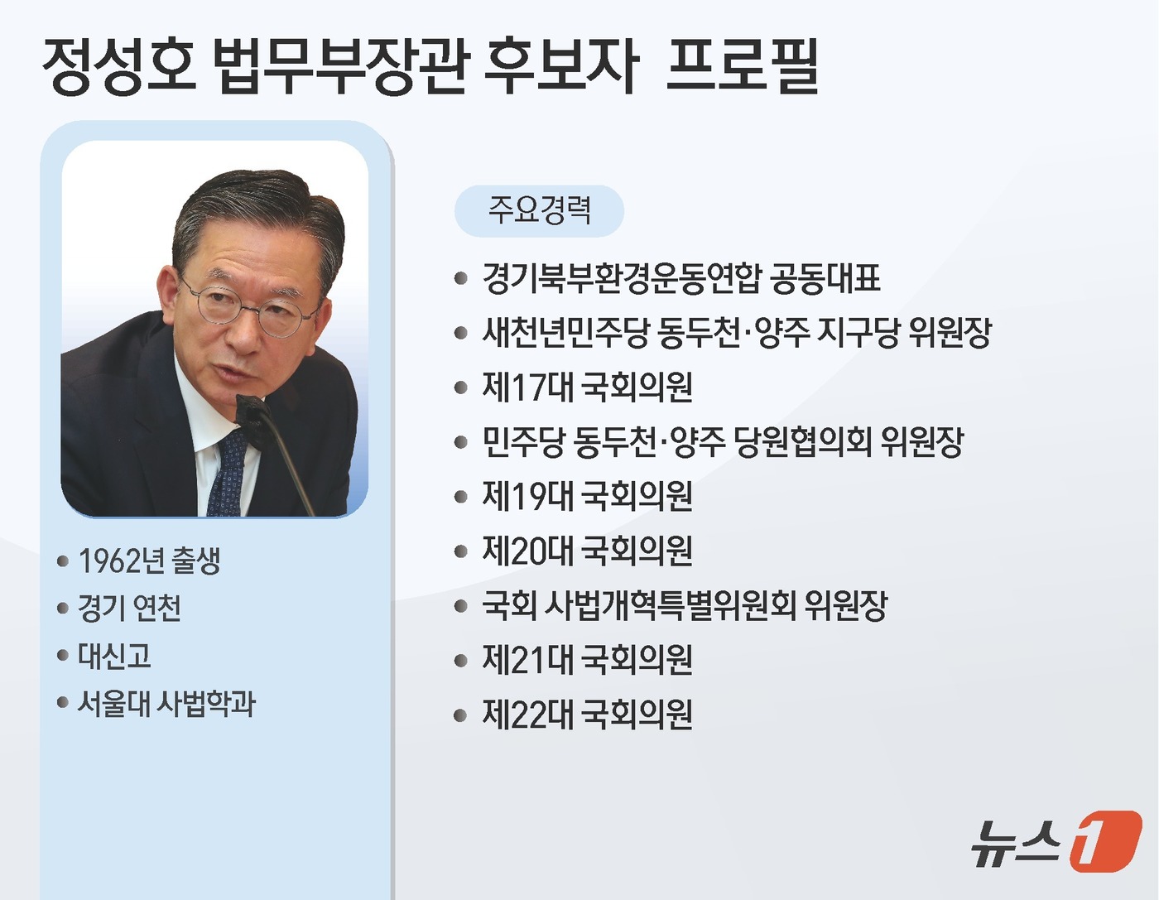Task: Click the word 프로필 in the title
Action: tap(742, 66)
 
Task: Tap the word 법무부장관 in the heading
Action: tap(340, 66)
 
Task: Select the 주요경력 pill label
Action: tap(539, 210)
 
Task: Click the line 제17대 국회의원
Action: tap(587, 387)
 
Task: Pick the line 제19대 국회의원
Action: tap(587, 497)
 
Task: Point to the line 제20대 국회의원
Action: tap(587, 551)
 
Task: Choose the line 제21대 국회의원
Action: tap(587, 661)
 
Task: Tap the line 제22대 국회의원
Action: tap(587, 715)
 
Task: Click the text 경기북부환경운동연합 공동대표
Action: tap(680, 279)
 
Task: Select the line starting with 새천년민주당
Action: tap(736, 333)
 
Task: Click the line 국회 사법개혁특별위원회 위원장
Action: tap(684, 606)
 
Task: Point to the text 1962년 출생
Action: tap(149, 561)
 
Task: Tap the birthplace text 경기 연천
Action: tap(129, 609)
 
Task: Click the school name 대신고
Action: tap(114, 657)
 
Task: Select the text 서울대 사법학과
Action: tap(166, 705)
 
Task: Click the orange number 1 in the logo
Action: tap(1104, 842)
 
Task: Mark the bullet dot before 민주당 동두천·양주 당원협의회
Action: tap(461, 443)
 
